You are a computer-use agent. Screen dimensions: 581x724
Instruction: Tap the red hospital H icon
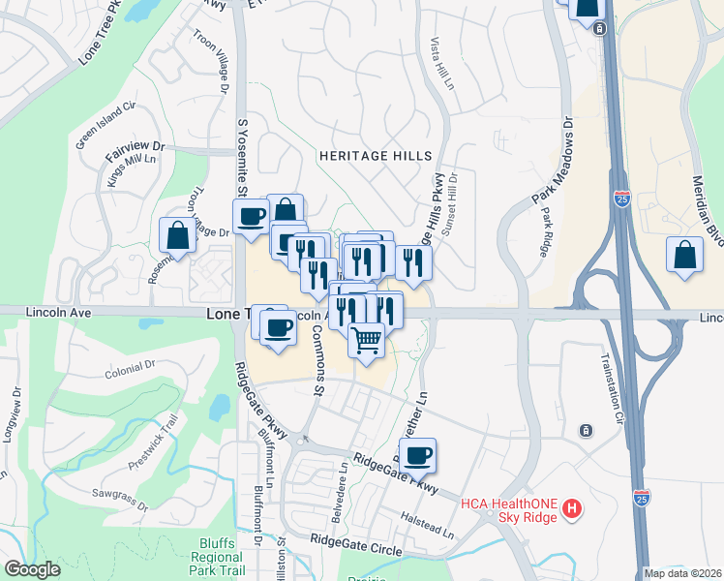coord(572,507)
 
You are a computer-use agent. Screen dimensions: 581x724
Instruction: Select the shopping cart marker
coord(366,341)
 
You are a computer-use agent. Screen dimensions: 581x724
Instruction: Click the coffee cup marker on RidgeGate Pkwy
coord(418,455)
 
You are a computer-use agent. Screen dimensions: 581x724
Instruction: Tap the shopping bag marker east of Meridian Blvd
coord(684,256)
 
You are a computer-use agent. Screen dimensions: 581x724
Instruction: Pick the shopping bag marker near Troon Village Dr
coord(178,235)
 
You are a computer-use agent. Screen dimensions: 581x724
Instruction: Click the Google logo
coord(32,569)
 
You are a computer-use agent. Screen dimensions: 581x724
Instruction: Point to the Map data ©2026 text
coord(682,573)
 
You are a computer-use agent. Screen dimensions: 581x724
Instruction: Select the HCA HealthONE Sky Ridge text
coord(509,508)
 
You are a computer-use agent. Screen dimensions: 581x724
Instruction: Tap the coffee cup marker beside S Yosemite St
coord(252,217)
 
